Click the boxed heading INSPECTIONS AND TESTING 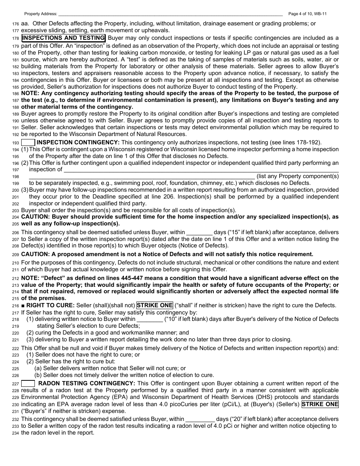pyautogui.click(x=63, y=38)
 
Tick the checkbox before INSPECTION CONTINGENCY pyautogui.click(x=28, y=142)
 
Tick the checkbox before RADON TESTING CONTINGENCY pyautogui.click(x=28, y=383)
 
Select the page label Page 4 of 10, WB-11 pyautogui.click(x=307, y=14)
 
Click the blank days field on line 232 pyautogui.click(x=200, y=419)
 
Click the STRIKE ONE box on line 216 pyautogui.click(x=155, y=305)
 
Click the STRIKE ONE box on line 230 pyautogui.click(x=320, y=404)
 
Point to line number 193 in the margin pyautogui.click(x=16, y=143)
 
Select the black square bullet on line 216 pyautogui.click(x=23, y=305)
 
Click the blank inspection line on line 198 pyautogui.click(x=142, y=176)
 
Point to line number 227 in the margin pyautogui.click(x=16, y=384)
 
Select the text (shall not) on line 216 pyautogui.click(x=122, y=305)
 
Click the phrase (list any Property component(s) pyautogui.click(x=297, y=176)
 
